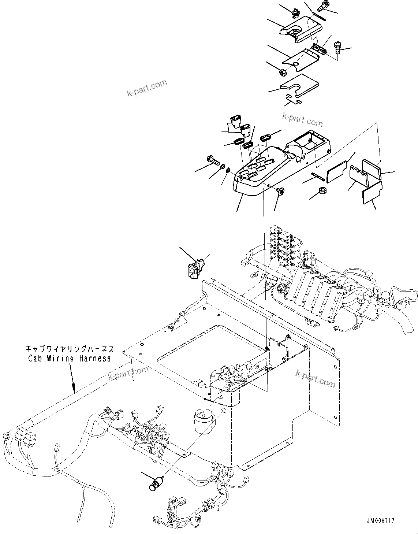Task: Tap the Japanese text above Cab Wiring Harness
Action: coord(70,349)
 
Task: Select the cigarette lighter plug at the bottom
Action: coord(155,483)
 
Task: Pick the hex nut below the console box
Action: coord(323,190)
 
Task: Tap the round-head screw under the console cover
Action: coord(281,191)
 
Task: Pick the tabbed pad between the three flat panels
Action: coord(359,175)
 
